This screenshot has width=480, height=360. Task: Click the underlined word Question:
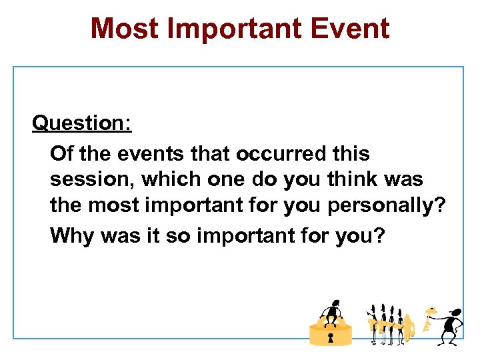coord(82,123)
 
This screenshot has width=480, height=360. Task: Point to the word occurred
coord(267,153)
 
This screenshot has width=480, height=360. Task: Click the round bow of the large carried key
coord(408,326)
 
